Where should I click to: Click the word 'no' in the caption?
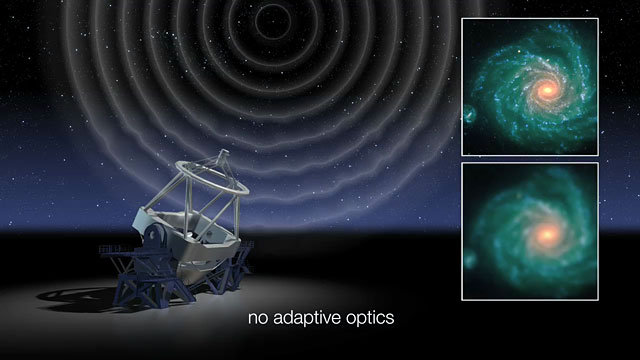point(259,319)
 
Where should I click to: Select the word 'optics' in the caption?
point(370,320)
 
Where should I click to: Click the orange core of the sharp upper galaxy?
point(546,90)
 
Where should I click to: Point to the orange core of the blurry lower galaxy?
point(548,234)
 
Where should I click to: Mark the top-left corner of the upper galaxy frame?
point(462,18)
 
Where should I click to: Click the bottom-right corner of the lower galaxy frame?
point(598,299)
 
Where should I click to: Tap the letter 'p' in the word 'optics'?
point(362,322)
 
